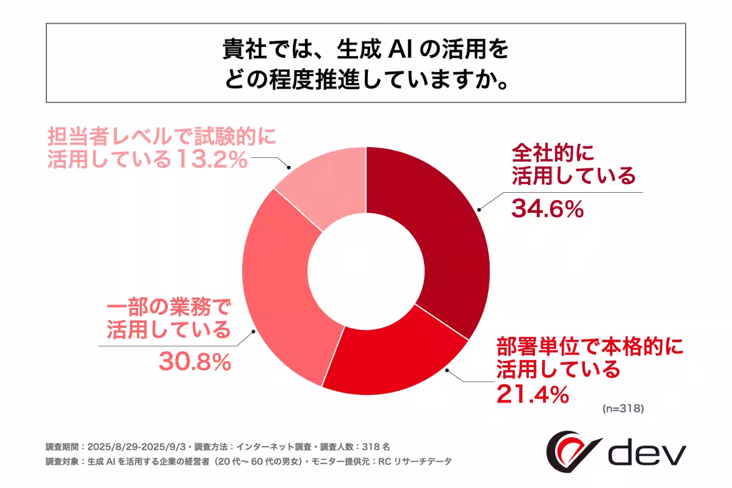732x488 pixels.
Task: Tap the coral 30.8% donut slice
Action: tap(281, 293)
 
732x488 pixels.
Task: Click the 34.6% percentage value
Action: tap(548, 209)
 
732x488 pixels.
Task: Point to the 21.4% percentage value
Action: tap(533, 395)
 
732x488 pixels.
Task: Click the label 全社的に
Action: tap(553, 150)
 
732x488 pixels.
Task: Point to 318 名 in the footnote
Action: tap(384, 445)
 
